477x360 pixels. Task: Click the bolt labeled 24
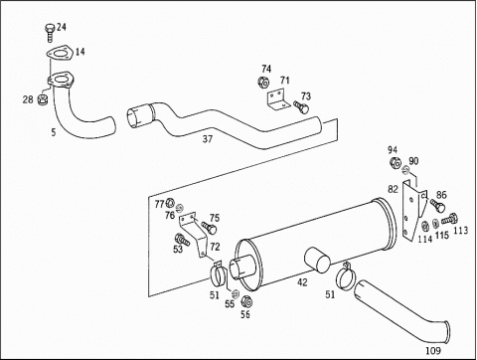pyautogui.click(x=49, y=33)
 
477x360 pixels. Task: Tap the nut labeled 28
pyautogui.click(x=43, y=98)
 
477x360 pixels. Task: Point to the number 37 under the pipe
pyautogui.click(x=208, y=139)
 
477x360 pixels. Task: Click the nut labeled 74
pyautogui.click(x=263, y=83)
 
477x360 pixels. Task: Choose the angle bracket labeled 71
pyautogui.click(x=276, y=99)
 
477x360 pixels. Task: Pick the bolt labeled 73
pyautogui.click(x=301, y=106)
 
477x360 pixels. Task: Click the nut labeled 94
pyautogui.click(x=396, y=162)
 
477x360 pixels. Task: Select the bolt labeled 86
pyautogui.click(x=437, y=205)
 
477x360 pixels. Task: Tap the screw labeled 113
pyautogui.click(x=449, y=219)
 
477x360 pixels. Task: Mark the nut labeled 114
pyautogui.click(x=424, y=227)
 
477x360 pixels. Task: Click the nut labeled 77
pyautogui.click(x=170, y=203)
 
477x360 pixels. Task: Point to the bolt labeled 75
pyautogui.click(x=209, y=227)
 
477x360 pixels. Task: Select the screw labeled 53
pyautogui.click(x=182, y=240)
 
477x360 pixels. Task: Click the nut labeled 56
pyautogui.click(x=246, y=301)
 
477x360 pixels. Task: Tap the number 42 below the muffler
pyautogui.click(x=302, y=282)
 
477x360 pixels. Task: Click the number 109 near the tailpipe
pyautogui.click(x=433, y=350)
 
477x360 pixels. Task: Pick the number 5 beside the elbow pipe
pyautogui.click(x=54, y=132)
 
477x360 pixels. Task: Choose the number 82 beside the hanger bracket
pyautogui.click(x=393, y=189)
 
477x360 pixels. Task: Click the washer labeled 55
pyautogui.click(x=235, y=293)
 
